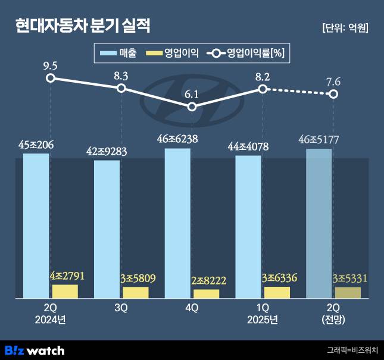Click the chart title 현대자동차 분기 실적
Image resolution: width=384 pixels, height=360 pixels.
click(83, 26)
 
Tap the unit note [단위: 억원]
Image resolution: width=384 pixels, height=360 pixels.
click(344, 28)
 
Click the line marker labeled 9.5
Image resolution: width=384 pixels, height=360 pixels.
click(51, 78)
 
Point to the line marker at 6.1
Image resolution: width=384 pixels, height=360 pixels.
click(192, 107)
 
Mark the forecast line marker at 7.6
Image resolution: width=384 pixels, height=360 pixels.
click(333, 94)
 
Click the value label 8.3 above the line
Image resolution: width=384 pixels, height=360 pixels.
click(121, 75)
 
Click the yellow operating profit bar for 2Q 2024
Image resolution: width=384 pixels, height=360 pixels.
click(65, 291)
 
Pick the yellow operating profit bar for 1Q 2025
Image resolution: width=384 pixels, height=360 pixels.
click(277, 292)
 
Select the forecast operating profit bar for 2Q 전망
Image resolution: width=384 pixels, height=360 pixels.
click(348, 292)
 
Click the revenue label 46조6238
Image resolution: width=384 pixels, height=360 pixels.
click(177, 139)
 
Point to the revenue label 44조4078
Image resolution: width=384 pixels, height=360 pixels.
click(248, 147)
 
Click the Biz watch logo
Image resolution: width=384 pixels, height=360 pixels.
click(35, 350)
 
